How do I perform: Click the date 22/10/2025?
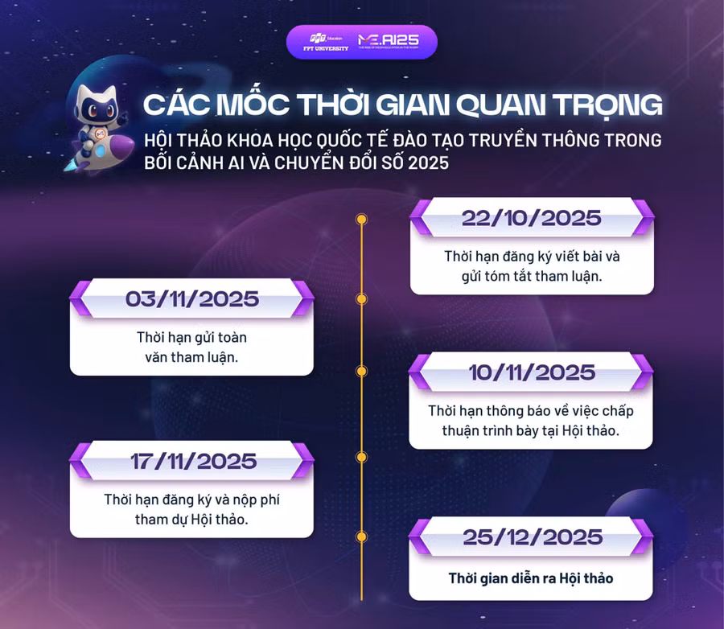coord(531,218)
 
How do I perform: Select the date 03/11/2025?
coord(192,299)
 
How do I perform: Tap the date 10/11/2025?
coord(532,372)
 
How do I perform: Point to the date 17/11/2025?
coord(193,462)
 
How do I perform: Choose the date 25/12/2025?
coord(532,536)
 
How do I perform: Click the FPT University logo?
coord(321,42)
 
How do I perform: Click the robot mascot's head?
coord(96,101)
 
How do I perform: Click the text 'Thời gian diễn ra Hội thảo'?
coord(531,578)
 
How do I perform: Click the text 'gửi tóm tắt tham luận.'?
coord(532,276)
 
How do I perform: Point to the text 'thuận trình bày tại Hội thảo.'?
coord(531,430)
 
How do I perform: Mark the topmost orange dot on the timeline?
coord(361,219)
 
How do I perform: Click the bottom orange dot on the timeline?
coord(361,536)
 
